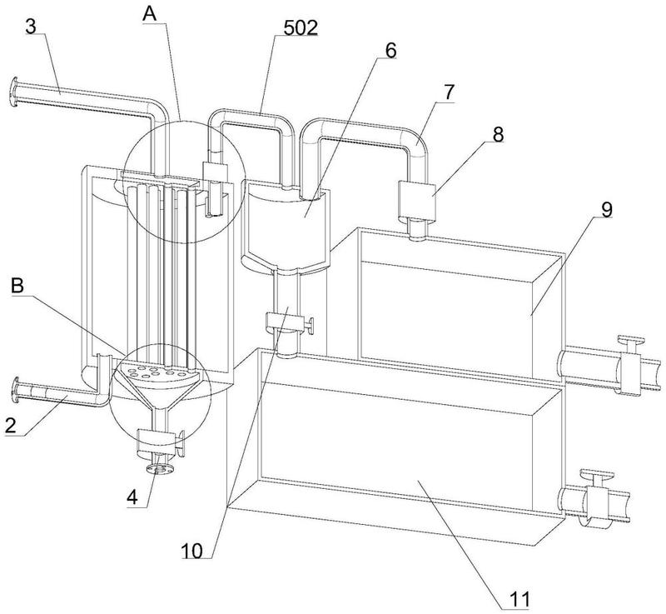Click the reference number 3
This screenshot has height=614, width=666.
pyautogui.click(x=31, y=27)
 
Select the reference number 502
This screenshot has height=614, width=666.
pyautogui.click(x=301, y=27)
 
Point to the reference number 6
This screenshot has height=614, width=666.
pyautogui.click(x=390, y=50)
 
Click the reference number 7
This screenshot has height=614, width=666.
pyautogui.click(x=449, y=92)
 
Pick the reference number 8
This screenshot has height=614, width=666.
pyautogui.click(x=497, y=134)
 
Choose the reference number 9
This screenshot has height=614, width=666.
pyautogui.click(x=607, y=209)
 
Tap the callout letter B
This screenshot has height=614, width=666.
pyautogui.click(x=17, y=286)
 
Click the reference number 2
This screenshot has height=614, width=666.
pyautogui.click(x=11, y=426)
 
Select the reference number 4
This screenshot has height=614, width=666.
pyautogui.click(x=133, y=497)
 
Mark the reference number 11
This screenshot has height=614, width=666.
pyautogui.click(x=519, y=599)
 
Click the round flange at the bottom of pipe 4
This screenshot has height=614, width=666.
pyautogui.click(x=159, y=469)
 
